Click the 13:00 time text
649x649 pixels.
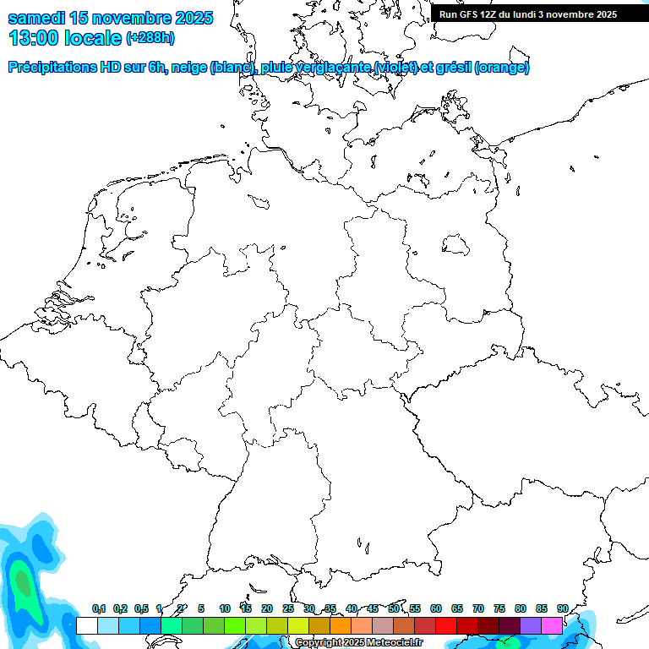click(x=35, y=38)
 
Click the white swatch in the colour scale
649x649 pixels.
click(x=87, y=625)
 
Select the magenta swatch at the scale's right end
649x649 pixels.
click(x=552, y=625)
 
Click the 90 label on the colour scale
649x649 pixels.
click(x=562, y=608)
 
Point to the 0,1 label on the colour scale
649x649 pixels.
click(x=99, y=608)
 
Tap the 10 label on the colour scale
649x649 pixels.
click(x=225, y=608)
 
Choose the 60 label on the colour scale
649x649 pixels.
click(x=436, y=608)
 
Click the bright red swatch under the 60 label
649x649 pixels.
click(x=446, y=625)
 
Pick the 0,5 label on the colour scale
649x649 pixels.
click(x=141, y=608)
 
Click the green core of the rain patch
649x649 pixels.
click(x=23, y=581)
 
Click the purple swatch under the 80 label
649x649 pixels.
click(x=531, y=625)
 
